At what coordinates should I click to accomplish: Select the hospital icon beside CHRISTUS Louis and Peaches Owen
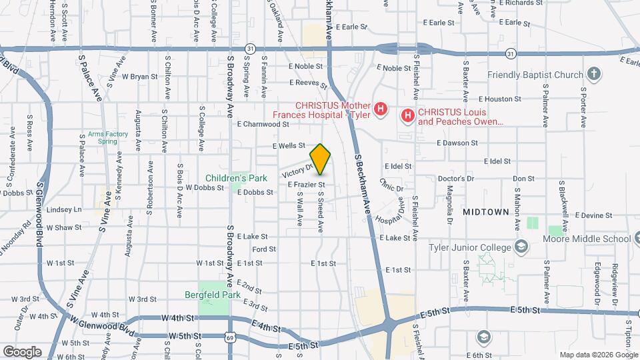click(x=407, y=116)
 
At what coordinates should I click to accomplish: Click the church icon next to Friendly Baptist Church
click(x=594, y=75)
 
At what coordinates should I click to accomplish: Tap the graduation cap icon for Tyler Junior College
click(x=521, y=247)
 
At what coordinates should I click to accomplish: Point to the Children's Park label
click(x=236, y=178)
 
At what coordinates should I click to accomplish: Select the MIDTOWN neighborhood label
click(x=485, y=211)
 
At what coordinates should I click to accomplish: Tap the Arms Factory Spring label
click(x=107, y=137)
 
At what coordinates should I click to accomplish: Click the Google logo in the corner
click(x=21, y=351)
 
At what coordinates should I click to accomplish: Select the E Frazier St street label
click(x=306, y=184)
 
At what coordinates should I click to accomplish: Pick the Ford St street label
click(x=264, y=249)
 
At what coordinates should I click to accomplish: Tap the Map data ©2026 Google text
click(x=598, y=354)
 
